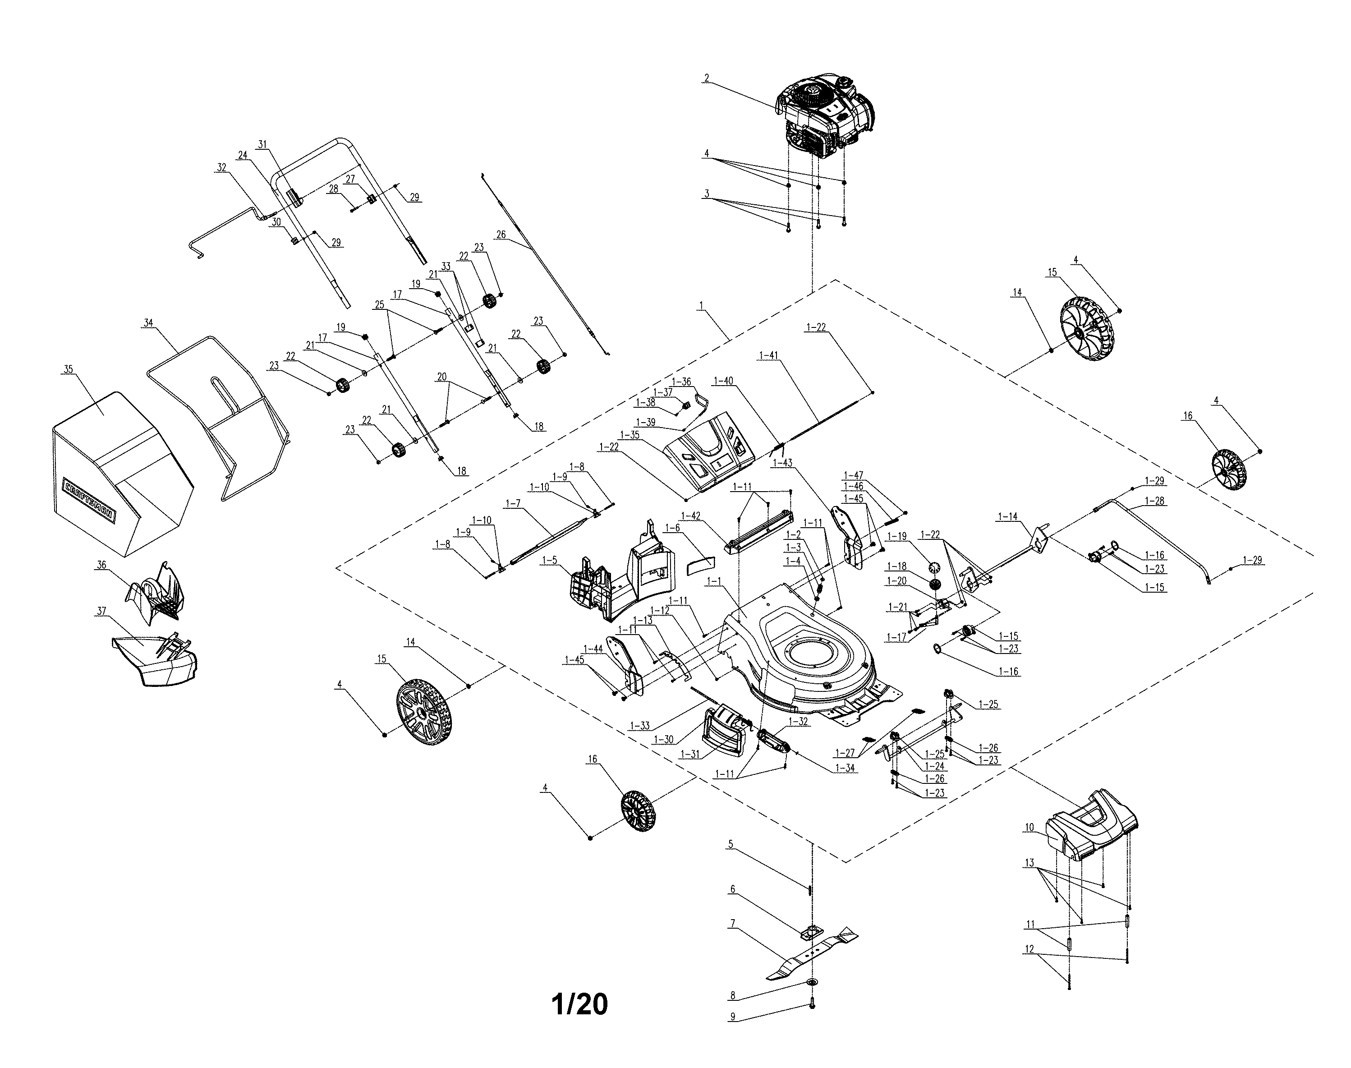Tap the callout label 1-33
click(639, 726)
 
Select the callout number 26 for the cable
click(501, 235)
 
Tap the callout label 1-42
click(690, 515)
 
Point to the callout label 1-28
click(1155, 501)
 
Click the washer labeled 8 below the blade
click(812, 982)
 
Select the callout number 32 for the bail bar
click(221, 168)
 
